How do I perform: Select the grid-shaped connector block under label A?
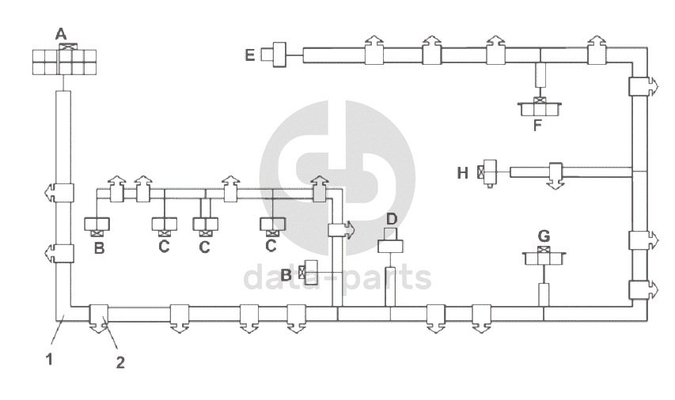coord(64,62)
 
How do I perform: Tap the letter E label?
coord(250,55)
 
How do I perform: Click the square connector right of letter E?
coord(279,55)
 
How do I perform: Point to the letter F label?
coord(538,125)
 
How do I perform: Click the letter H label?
coord(464,172)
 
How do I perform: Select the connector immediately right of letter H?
coord(490,172)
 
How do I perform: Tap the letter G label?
coord(544,236)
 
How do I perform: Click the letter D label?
coord(391,218)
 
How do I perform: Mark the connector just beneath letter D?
coord(391,242)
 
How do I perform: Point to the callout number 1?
coord(49,359)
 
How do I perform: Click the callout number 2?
coord(120,363)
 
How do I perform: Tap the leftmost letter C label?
coord(164,247)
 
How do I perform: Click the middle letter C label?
coord(205,247)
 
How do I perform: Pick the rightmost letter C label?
coord(271,246)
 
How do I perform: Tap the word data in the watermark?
coord(273,277)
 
